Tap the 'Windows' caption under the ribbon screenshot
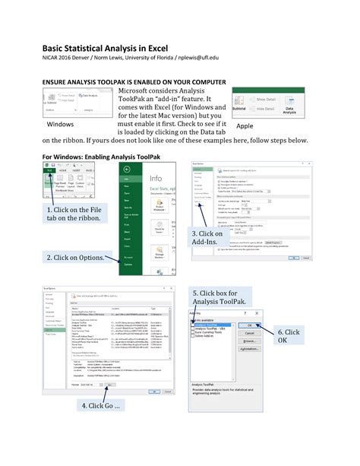(61, 123)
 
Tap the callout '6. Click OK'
(289, 336)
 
